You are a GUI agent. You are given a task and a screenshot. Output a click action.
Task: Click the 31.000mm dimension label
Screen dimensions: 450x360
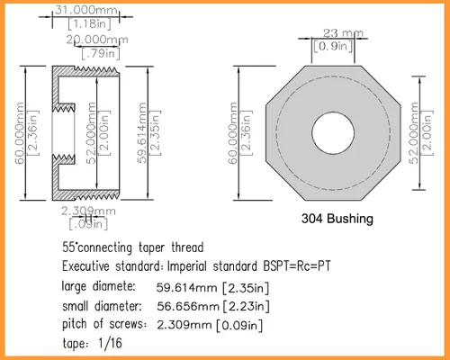point(86,10)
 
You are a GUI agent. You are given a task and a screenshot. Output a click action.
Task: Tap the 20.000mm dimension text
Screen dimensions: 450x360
point(97,40)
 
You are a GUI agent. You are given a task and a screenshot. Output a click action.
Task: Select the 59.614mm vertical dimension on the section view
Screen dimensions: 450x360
point(142,133)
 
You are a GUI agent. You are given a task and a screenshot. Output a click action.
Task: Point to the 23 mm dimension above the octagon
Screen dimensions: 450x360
point(343,33)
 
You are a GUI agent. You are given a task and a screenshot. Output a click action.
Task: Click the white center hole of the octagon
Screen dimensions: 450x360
point(333,133)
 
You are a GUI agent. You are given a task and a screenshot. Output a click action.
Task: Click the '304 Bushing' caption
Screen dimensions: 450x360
point(337,219)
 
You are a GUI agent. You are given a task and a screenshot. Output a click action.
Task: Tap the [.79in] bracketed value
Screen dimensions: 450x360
point(101,53)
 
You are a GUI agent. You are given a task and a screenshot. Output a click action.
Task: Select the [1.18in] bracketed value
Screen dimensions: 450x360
point(89,23)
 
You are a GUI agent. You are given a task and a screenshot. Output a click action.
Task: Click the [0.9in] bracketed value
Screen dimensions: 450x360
point(333,46)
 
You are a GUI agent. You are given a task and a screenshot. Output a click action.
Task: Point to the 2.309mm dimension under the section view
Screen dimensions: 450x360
point(88,211)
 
